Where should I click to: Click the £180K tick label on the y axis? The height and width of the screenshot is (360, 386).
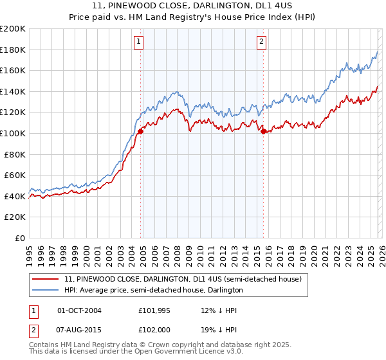pyautogui.click(x=13, y=50)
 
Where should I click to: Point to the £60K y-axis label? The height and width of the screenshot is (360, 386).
pyautogui.click(x=15, y=175)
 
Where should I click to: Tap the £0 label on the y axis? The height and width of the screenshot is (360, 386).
pyautogui.click(x=20, y=238)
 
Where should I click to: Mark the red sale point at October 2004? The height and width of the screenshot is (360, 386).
pyautogui.click(x=140, y=131)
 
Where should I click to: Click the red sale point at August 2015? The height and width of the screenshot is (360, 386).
pyautogui.click(x=263, y=131)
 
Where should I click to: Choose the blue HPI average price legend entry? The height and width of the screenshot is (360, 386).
pyautogui.click(x=153, y=290)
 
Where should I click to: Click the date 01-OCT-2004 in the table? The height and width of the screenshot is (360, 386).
pyautogui.click(x=79, y=310)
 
